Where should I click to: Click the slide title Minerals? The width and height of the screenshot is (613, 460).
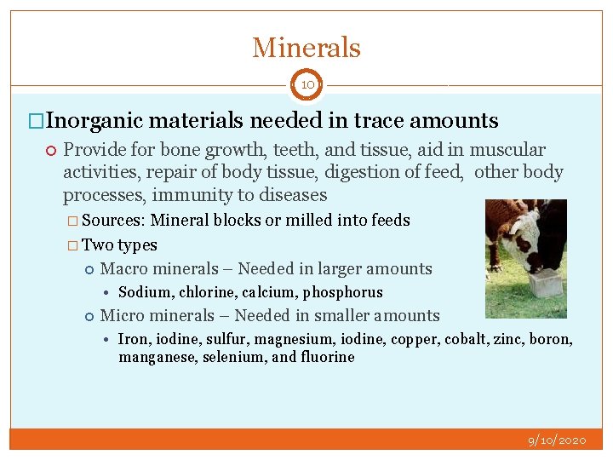point(306,48)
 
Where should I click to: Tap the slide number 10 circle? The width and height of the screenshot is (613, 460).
point(306,85)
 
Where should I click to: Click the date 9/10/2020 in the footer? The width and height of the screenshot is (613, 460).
point(557,440)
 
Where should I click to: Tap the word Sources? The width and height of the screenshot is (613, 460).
point(114,221)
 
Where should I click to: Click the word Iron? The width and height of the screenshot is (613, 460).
point(133,339)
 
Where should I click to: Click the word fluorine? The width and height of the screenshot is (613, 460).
point(327,357)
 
